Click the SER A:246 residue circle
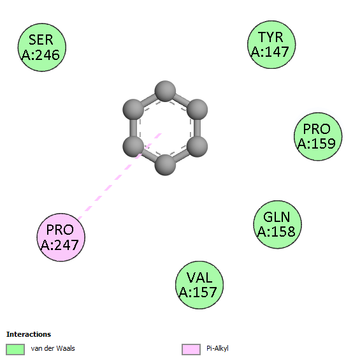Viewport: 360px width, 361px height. pos(42,47)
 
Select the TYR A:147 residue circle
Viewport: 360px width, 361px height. pos(271,45)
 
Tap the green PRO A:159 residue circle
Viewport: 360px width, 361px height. pos(318,136)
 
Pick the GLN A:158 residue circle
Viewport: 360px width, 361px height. pos(277,225)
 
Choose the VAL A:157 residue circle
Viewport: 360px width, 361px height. pos(199,285)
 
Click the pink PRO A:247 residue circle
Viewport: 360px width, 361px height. pos(61,237)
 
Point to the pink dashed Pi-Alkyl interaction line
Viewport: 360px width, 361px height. pos(120,176)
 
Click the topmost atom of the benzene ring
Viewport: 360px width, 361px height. pos(165,91)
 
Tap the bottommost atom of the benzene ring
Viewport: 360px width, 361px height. pos(165,165)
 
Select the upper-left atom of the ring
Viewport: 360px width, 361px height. pos(133,110)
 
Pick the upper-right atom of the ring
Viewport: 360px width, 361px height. pos(197,110)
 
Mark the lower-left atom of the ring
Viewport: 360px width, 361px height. pos(133,147)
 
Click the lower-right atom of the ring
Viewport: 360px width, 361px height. pos(197,147)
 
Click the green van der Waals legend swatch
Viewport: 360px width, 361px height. pos(15,350)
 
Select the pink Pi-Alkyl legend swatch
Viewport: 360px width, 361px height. pos(191,350)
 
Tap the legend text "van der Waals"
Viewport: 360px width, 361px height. pos(53,348)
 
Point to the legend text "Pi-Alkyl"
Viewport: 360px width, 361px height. pos(217,348)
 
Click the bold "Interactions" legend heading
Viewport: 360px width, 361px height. pos(29,334)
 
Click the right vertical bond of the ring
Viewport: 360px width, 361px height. pos(197,128)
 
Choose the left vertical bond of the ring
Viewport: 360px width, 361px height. pos(133,128)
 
